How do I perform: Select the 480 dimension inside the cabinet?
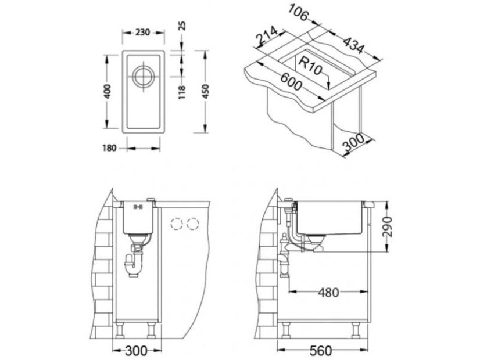328,292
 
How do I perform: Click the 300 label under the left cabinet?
136,350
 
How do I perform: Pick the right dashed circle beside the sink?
193,224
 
